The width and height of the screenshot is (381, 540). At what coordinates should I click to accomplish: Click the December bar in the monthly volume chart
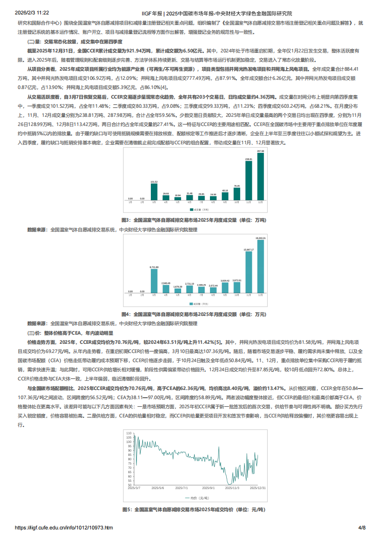click(260, 176)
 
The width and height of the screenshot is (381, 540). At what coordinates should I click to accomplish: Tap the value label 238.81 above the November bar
click(248, 159)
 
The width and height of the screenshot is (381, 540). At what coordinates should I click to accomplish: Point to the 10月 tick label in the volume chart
click(237, 202)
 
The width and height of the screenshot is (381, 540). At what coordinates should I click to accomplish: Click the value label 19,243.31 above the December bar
click(260, 238)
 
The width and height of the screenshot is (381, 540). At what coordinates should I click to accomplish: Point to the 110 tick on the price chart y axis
click(129, 433)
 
